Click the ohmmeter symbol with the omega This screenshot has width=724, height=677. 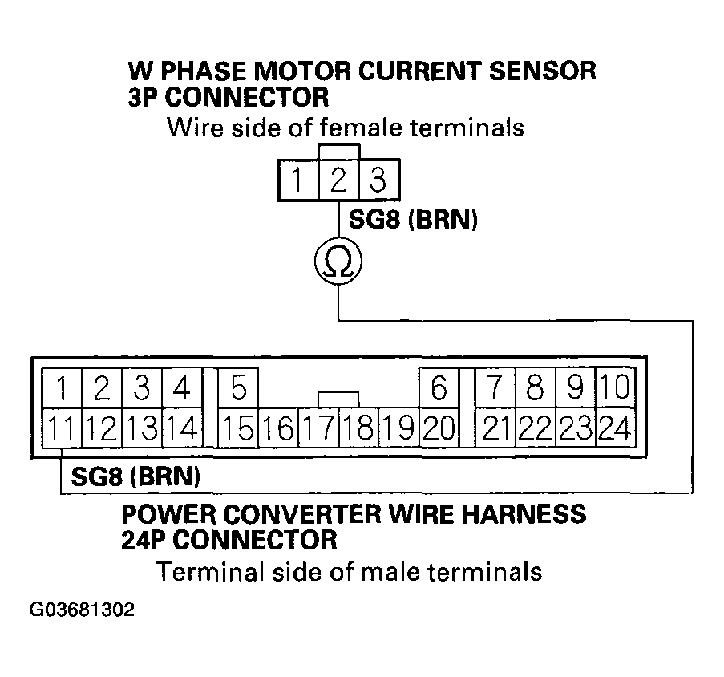(x=338, y=261)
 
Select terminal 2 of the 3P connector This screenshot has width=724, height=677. (x=338, y=180)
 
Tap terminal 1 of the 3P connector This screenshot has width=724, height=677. (x=298, y=180)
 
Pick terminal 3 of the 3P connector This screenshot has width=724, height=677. (x=378, y=180)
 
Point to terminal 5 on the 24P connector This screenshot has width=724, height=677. (x=238, y=389)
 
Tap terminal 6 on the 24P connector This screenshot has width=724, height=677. (x=439, y=389)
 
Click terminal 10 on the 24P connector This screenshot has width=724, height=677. (x=615, y=389)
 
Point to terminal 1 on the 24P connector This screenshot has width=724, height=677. (x=61, y=389)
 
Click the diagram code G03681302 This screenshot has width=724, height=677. (x=81, y=610)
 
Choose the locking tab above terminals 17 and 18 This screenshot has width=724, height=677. (x=338, y=399)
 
